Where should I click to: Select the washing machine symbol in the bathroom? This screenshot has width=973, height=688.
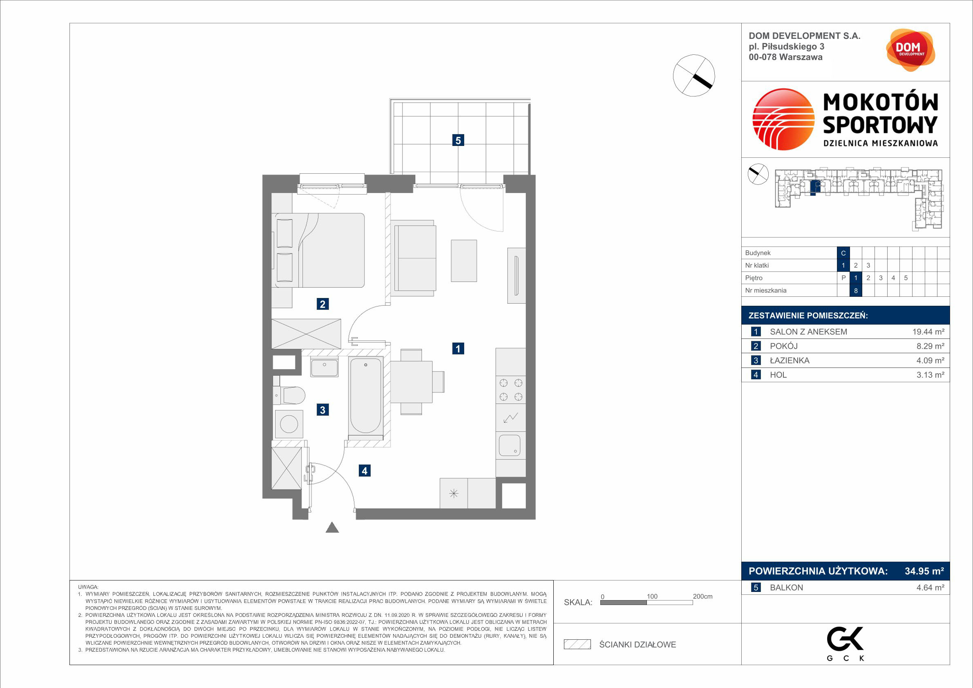[x=289, y=424]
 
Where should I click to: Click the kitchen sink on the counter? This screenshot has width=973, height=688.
[x=510, y=446]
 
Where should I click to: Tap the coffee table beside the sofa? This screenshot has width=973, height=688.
[x=464, y=261]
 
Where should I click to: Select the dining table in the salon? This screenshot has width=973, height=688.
[x=411, y=382]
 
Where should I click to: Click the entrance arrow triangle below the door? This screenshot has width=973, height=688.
[x=332, y=527]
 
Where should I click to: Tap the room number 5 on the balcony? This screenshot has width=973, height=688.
[x=458, y=140]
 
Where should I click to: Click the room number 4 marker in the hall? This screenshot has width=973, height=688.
[x=365, y=471]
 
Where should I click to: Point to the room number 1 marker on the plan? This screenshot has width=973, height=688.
[x=458, y=348]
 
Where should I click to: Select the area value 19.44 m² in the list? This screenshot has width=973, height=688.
[x=928, y=332]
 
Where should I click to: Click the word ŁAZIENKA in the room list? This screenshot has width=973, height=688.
[x=790, y=360]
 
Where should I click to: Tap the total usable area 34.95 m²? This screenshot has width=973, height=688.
[x=924, y=571]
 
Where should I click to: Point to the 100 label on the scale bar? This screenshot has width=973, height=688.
[x=652, y=596]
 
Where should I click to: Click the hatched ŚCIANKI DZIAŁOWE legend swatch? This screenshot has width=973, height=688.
[x=577, y=644]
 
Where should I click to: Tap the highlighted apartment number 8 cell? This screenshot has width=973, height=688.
[x=856, y=290]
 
